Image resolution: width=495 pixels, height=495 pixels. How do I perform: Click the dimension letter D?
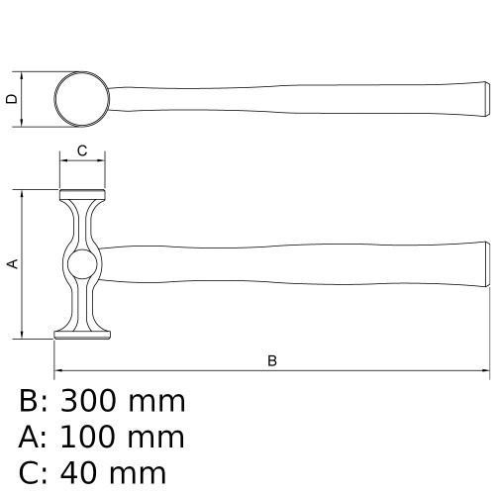(10, 99)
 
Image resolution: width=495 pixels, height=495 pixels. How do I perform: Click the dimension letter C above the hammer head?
(82, 150)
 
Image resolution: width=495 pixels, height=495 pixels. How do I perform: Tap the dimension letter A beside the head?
(12, 263)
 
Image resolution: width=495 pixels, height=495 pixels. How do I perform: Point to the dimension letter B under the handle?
(272, 361)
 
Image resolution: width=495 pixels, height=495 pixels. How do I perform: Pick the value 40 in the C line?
(77, 471)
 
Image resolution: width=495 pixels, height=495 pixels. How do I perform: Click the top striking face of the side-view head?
(82, 193)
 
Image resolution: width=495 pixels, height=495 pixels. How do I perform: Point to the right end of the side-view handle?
(485, 263)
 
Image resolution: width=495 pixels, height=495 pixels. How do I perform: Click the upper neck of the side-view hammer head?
(82, 223)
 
